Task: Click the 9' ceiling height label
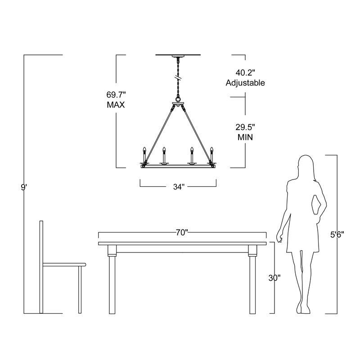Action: (24, 187)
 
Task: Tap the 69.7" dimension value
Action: (116, 94)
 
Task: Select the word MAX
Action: (116, 105)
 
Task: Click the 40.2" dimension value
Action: (245, 72)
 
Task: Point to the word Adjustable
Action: (245, 83)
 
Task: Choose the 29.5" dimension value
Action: (245, 127)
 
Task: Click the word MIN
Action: (245, 137)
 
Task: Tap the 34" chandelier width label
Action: (179, 187)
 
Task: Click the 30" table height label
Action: (274, 278)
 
